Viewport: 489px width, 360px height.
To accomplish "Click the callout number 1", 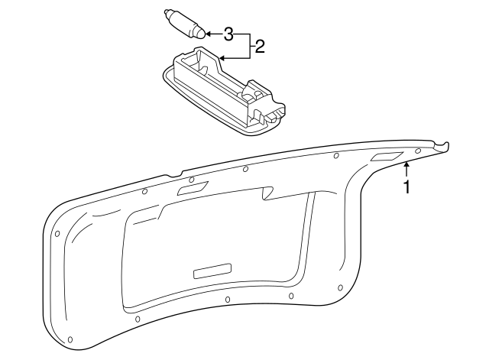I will tap(407, 186).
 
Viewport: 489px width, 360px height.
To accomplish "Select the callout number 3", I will tap(228, 34).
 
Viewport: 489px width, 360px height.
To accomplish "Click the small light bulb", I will tap(186, 23).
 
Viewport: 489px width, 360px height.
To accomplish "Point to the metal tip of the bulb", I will tap(167, 13).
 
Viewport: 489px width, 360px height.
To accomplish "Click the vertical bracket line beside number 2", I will tap(246, 46).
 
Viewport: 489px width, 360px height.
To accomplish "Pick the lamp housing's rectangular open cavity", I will tap(201, 73).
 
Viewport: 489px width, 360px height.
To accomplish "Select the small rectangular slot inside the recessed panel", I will tap(212, 270).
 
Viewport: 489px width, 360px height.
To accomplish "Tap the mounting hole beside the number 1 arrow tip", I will tap(407, 162).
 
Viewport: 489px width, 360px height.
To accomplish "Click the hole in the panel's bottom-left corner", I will tap(70, 338).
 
